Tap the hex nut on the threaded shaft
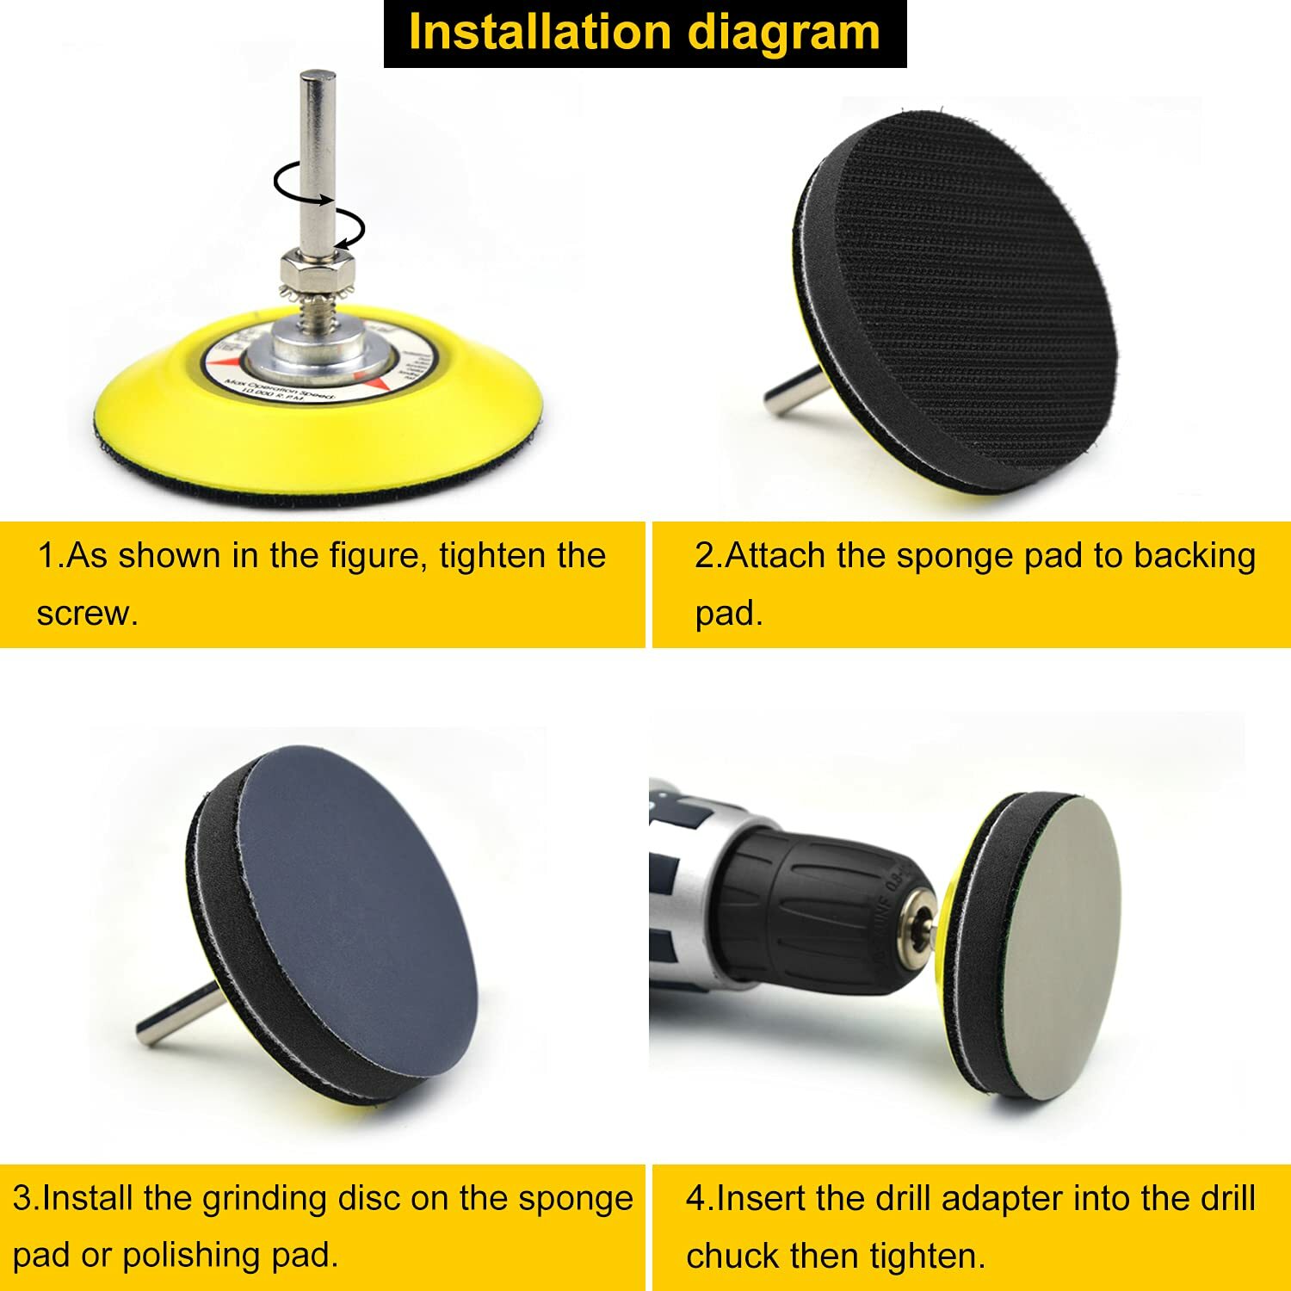[x=318, y=270]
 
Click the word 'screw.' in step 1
[x=87, y=613]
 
